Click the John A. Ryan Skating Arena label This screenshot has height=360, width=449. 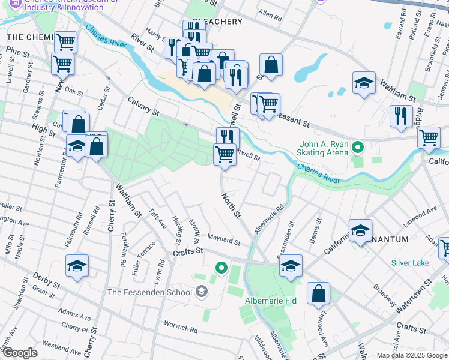point(324,148)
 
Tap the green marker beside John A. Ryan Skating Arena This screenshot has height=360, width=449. point(358,146)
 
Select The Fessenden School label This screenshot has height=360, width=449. point(149,292)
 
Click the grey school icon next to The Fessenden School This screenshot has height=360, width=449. point(202,292)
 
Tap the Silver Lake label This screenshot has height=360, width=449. point(410,263)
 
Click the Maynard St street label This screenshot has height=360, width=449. point(223,240)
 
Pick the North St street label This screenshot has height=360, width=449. point(231,205)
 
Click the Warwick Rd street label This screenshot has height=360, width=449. point(181,328)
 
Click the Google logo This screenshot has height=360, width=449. point(20,353)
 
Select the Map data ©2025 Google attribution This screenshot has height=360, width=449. point(411,355)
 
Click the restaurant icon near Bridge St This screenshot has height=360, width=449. point(401,116)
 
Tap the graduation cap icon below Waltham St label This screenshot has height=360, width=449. point(364,83)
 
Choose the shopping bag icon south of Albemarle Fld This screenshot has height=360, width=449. point(318,293)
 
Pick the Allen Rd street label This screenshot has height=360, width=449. point(270,15)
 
